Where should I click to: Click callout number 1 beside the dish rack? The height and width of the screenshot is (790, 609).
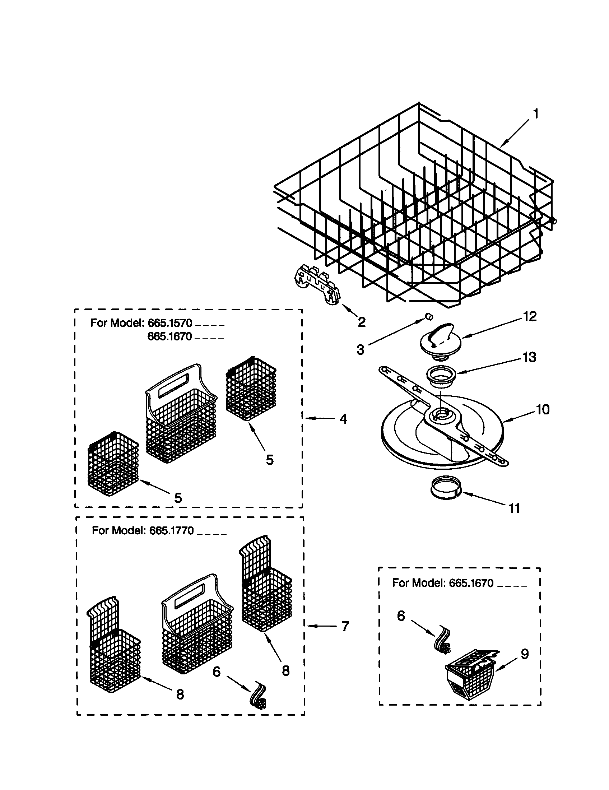point(536,114)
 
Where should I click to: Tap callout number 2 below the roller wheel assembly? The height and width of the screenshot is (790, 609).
point(361,322)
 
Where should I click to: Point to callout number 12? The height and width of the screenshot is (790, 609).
point(530,316)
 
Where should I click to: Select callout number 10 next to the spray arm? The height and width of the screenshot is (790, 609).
point(543,409)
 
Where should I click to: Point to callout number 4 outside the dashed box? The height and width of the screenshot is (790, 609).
point(343,419)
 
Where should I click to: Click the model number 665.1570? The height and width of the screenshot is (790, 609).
point(169,322)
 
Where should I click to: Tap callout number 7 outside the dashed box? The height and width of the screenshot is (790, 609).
point(345,626)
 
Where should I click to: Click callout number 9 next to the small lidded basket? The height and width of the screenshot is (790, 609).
point(524,654)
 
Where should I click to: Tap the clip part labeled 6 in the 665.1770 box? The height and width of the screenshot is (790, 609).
point(259,698)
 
